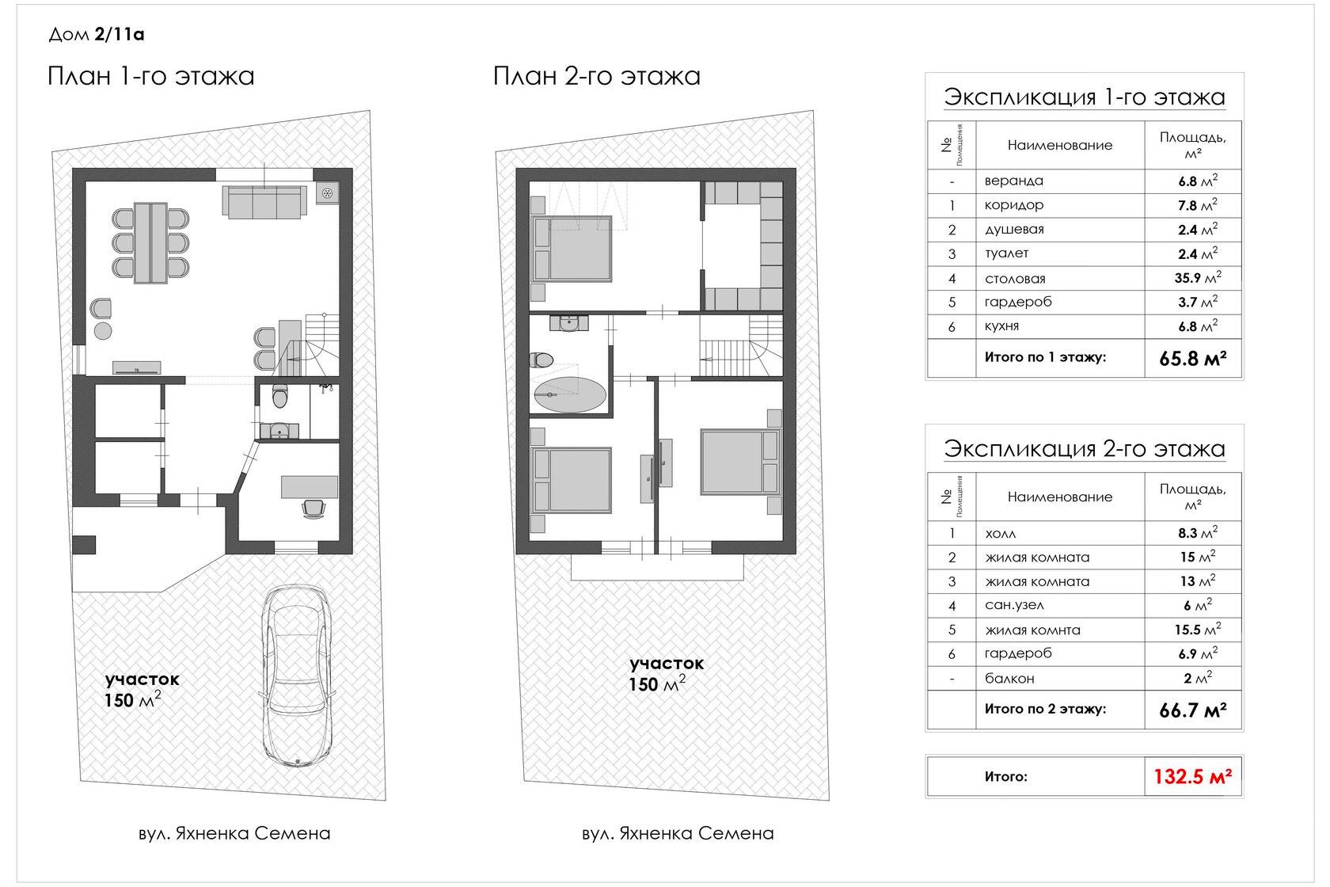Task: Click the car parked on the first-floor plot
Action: pyautogui.click(x=296, y=676)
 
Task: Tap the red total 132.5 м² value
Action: pyautogui.click(x=1192, y=776)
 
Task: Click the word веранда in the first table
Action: pyautogui.click(x=1013, y=181)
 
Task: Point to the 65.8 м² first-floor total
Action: pyautogui.click(x=1193, y=358)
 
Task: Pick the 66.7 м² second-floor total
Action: pyautogui.click(x=1193, y=710)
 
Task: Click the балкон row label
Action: pyautogui.click(x=1009, y=678)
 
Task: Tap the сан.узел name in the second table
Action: pyautogui.click(x=1014, y=605)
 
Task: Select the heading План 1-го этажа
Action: pyautogui.click(x=150, y=76)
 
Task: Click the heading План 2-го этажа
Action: pyautogui.click(x=597, y=76)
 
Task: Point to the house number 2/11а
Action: pyautogui.click(x=120, y=34)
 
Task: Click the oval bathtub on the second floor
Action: pyautogui.click(x=570, y=394)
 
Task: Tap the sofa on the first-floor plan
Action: pyautogui.click(x=264, y=202)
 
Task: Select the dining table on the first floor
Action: pyautogui.click(x=150, y=243)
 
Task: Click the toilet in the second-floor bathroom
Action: pyautogui.click(x=541, y=360)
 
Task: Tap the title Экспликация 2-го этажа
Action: pyautogui.click(x=1085, y=448)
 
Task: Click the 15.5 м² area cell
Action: pyautogui.click(x=1198, y=629)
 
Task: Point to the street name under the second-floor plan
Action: pyautogui.click(x=678, y=833)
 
